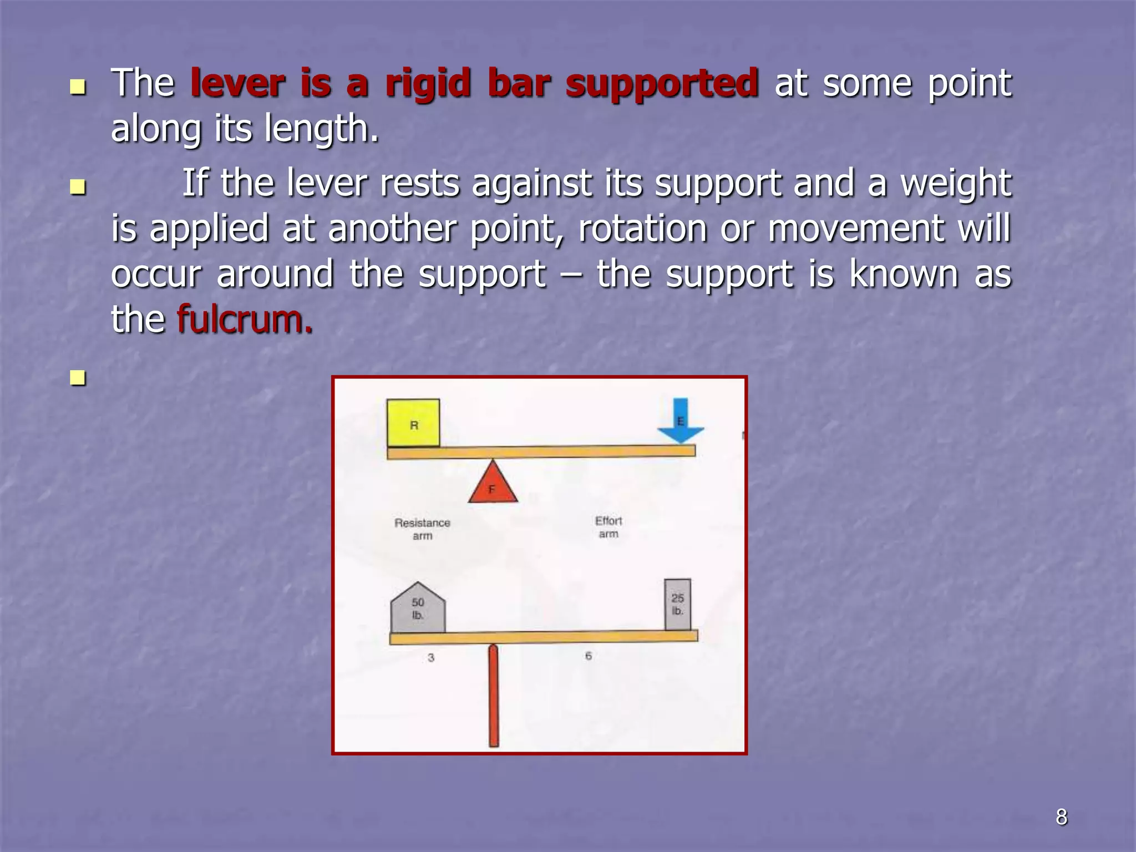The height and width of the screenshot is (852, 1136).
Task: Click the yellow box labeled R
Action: (x=413, y=423)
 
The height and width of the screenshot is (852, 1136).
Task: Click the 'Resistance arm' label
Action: (x=422, y=529)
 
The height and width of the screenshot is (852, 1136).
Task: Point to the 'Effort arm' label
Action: (x=608, y=527)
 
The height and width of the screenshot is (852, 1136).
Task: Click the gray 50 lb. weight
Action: (x=418, y=608)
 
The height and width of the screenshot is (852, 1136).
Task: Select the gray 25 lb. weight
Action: (x=678, y=605)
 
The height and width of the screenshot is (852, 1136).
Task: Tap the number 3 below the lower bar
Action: (x=431, y=658)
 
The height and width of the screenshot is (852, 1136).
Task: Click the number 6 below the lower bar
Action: (x=589, y=656)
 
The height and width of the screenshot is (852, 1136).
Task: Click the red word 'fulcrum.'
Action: (x=245, y=320)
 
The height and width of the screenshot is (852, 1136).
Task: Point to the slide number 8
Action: (x=1061, y=817)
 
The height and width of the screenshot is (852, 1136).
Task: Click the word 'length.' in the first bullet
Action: (x=321, y=129)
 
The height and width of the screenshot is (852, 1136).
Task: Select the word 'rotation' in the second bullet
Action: (x=642, y=229)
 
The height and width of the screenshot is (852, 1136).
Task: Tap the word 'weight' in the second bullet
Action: (x=955, y=184)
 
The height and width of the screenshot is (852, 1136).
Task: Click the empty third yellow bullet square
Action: (x=78, y=378)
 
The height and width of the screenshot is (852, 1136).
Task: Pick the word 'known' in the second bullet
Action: (x=904, y=274)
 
